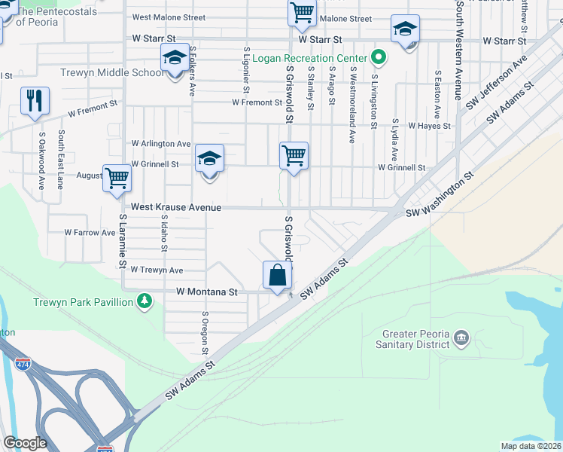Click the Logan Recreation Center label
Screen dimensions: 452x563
click(x=309, y=58)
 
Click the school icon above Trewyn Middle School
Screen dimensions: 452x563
click(x=175, y=58)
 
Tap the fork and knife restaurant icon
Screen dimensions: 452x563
click(x=35, y=101)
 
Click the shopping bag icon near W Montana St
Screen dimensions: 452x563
click(x=278, y=275)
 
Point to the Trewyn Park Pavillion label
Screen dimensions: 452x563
click(x=83, y=302)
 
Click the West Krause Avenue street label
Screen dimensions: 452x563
click(x=176, y=207)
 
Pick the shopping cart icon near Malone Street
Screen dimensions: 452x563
click(x=302, y=13)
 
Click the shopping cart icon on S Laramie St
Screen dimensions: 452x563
click(x=117, y=179)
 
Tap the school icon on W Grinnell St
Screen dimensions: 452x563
click(x=210, y=159)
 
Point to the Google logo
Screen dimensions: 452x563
click(x=25, y=443)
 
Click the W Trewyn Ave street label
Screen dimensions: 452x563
click(x=157, y=270)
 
